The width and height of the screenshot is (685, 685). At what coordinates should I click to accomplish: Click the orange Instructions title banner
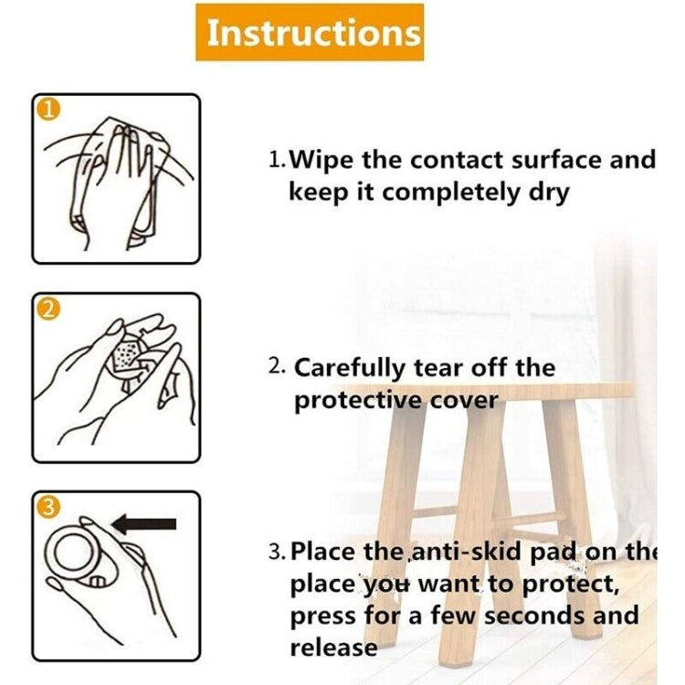click(310, 32)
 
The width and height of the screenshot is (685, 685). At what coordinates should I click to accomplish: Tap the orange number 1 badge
click(48, 110)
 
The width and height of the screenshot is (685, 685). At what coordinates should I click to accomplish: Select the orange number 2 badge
click(49, 310)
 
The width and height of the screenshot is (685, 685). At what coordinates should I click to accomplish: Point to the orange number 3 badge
click(48, 508)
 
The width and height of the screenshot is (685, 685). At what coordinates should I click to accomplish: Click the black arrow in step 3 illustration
click(144, 524)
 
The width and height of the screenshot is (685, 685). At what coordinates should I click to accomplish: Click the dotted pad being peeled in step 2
click(126, 356)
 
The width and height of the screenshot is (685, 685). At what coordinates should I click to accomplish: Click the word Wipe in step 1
click(321, 160)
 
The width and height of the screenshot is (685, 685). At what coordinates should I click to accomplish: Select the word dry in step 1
click(549, 193)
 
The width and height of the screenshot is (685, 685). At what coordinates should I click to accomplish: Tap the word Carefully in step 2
click(350, 368)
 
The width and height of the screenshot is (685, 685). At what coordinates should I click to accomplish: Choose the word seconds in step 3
click(535, 616)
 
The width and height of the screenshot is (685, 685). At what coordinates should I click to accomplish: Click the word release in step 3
click(333, 648)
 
